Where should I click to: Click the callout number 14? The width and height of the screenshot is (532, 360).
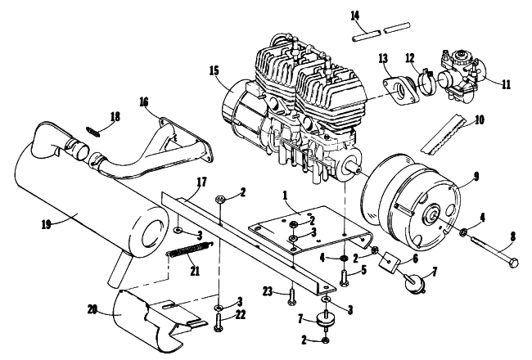[x=355, y=16]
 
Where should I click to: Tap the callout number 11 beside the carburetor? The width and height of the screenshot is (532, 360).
[x=506, y=84]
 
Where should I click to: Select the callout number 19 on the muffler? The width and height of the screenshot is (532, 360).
[x=47, y=224]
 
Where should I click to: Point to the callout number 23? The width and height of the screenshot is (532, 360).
[x=268, y=291]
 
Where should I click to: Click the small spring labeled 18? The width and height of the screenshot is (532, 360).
[x=93, y=131]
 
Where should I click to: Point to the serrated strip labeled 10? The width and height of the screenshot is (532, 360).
[x=444, y=134]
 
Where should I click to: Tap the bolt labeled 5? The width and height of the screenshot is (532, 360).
[x=344, y=277]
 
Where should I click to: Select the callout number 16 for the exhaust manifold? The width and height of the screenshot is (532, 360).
[x=143, y=101]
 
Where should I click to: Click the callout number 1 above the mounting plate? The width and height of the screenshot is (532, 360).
[x=286, y=196]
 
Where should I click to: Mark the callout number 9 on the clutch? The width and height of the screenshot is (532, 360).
[x=476, y=177]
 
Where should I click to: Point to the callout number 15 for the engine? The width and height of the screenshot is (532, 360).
[x=214, y=71]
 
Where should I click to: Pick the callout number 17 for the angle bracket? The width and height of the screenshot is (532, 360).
[x=201, y=182]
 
